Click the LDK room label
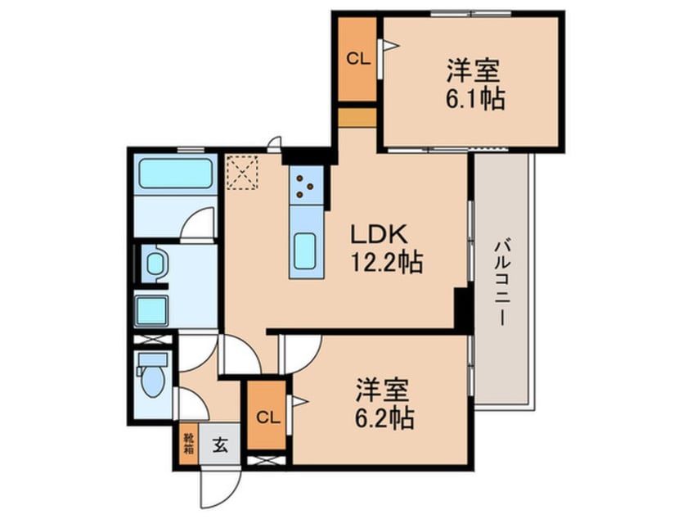click(380, 235)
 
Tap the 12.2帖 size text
click(387, 264)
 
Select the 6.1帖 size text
click(475, 100)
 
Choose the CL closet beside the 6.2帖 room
click(267, 417)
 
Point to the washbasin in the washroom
click(155, 263)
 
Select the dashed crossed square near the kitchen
click(242, 172)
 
